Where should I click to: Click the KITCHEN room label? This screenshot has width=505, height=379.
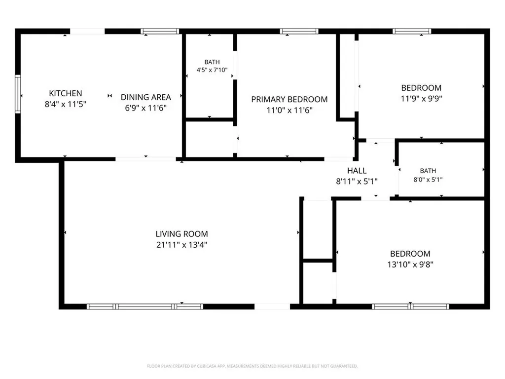click(x=66, y=93)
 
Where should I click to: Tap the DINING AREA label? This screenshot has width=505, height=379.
click(x=145, y=97)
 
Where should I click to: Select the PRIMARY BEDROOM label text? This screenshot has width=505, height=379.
click(x=289, y=100)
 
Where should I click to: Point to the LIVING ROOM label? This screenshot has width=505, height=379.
click(x=181, y=234)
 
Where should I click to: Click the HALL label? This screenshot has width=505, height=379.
click(x=357, y=171)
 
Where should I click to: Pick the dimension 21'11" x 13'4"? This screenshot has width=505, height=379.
click(x=181, y=245)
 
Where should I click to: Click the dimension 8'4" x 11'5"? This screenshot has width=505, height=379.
click(x=66, y=105)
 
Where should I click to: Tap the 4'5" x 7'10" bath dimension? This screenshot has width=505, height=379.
click(x=212, y=70)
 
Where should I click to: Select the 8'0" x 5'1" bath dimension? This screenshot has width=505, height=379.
click(x=428, y=180)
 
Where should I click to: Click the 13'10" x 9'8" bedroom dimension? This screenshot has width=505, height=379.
click(x=410, y=265)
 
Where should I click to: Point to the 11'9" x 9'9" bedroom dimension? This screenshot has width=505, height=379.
click(x=421, y=99)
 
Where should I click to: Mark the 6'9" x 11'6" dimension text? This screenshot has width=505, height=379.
click(x=145, y=108)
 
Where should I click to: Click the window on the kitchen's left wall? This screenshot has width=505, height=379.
click(x=18, y=94)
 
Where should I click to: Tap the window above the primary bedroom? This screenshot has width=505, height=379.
click(x=299, y=31)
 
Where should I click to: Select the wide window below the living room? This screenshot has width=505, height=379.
click(x=145, y=306)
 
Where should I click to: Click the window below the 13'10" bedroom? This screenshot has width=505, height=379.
click(x=410, y=306)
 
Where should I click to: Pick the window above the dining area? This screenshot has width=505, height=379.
click(x=160, y=31)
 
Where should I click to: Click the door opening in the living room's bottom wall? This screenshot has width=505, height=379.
click(x=272, y=306)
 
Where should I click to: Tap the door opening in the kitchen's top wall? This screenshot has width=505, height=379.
click(x=87, y=31)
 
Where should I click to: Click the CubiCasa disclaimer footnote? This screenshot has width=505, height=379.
click(x=252, y=366)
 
